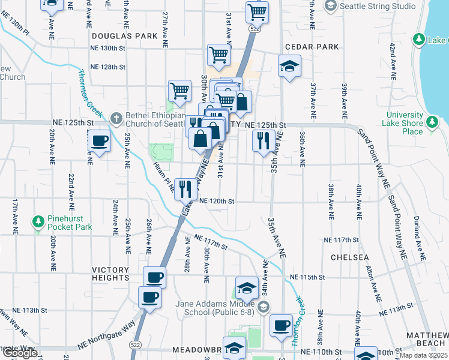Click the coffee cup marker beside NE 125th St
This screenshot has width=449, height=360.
[99, 142]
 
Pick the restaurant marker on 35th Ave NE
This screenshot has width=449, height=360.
[264, 142]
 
